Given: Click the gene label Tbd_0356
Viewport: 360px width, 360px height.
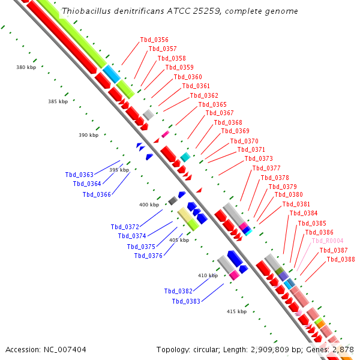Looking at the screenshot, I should pyautogui.click(x=154, y=40).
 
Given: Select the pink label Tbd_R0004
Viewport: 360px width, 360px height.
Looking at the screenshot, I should pyautogui.click(x=328, y=241).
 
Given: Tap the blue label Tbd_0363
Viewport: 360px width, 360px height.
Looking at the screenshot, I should pyautogui.click(x=79, y=175).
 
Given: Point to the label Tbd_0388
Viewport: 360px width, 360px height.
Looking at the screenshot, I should pyautogui.click(x=341, y=260).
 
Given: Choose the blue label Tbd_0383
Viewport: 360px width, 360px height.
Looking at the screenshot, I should pyautogui.click(x=186, y=302).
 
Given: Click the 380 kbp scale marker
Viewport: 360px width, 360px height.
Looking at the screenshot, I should pyautogui.click(x=26, y=67).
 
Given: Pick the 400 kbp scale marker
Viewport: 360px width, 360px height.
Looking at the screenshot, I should pyautogui.click(x=149, y=205).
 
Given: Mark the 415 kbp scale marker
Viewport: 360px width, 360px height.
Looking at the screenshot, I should pyautogui.click(x=236, y=311).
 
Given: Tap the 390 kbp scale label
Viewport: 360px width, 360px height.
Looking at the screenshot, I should pyautogui.click(x=88, y=135).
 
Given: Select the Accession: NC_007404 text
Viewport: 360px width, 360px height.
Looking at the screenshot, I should pyautogui.click(x=46, y=349).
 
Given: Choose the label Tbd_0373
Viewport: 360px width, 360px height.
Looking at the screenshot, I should pyautogui.click(x=259, y=159).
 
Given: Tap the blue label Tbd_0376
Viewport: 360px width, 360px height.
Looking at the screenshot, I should pyautogui.click(x=148, y=256).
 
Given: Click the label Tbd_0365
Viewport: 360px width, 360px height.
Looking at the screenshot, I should pyautogui.click(x=212, y=104).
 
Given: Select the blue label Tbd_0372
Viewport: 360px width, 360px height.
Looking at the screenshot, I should pyautogui.click(x=125, y=227).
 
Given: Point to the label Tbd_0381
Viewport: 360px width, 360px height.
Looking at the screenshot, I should pyautogui.click(x=296, y=204).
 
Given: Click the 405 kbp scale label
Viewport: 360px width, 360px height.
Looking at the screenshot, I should pyautogui.click(x=179, y=240).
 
